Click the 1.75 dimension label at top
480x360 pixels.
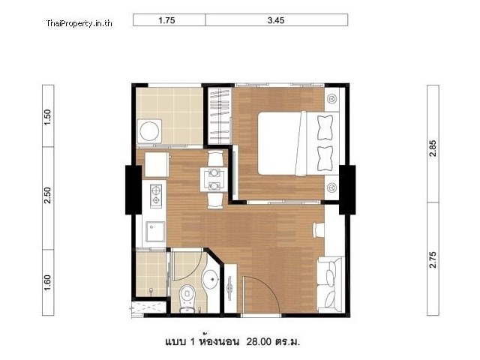tap(166, 20)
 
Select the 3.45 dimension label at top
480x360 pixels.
tap(276, 20)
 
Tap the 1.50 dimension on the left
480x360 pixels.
tap(48, 117)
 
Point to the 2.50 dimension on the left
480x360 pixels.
tap(48, 195)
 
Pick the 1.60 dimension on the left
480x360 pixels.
tap(48, 283)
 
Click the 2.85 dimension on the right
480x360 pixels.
tap(433, 148)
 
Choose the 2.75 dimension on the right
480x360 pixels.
tap(433, 259)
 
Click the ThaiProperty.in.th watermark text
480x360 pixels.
tap(79, 23)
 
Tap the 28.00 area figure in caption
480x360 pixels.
tap(259, 341)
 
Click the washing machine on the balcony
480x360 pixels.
tap(150, 130)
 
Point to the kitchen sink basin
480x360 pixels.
tap(155, 232)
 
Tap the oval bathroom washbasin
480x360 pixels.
tap(211, 278)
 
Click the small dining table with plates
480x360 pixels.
tap(214, 180)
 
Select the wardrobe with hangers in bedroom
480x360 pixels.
tap(220, 115)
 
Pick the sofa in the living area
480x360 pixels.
tap(330, 285)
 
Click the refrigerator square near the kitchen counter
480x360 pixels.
tap(157, 164)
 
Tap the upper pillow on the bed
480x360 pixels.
tap(325, 127)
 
